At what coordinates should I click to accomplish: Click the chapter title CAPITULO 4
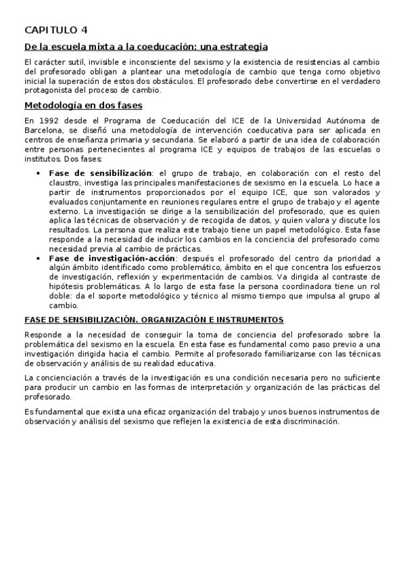(55, 30)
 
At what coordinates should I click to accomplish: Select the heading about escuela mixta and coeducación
(146, 47)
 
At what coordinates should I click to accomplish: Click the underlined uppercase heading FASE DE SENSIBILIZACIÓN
(153, 319)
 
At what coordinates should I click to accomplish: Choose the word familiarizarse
(285, 354)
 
